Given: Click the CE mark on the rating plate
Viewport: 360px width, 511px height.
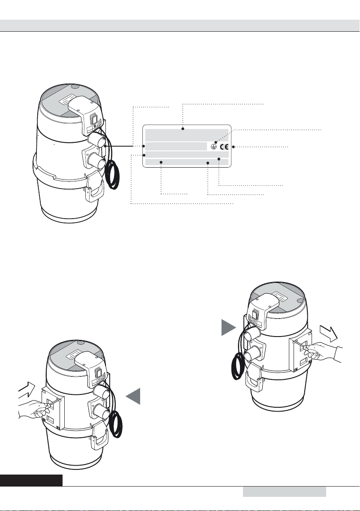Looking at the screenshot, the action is (224, 147).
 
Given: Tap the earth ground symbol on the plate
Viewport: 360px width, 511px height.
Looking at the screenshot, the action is (213, 147).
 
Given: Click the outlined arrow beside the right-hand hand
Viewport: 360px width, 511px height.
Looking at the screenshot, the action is (330, 332).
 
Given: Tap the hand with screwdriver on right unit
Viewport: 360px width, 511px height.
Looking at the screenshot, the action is (323, 352).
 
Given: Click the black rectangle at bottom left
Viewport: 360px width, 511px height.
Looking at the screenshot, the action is (31, 481).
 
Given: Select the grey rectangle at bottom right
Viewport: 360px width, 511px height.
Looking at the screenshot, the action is (285, 492).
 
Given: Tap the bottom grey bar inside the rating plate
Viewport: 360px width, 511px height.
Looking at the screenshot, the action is (187, 162).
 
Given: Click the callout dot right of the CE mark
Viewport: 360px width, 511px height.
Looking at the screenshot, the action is (233, 147).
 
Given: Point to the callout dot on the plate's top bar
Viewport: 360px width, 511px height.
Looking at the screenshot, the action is (183, 129).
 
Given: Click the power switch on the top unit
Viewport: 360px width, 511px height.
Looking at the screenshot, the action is (94, 118).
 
